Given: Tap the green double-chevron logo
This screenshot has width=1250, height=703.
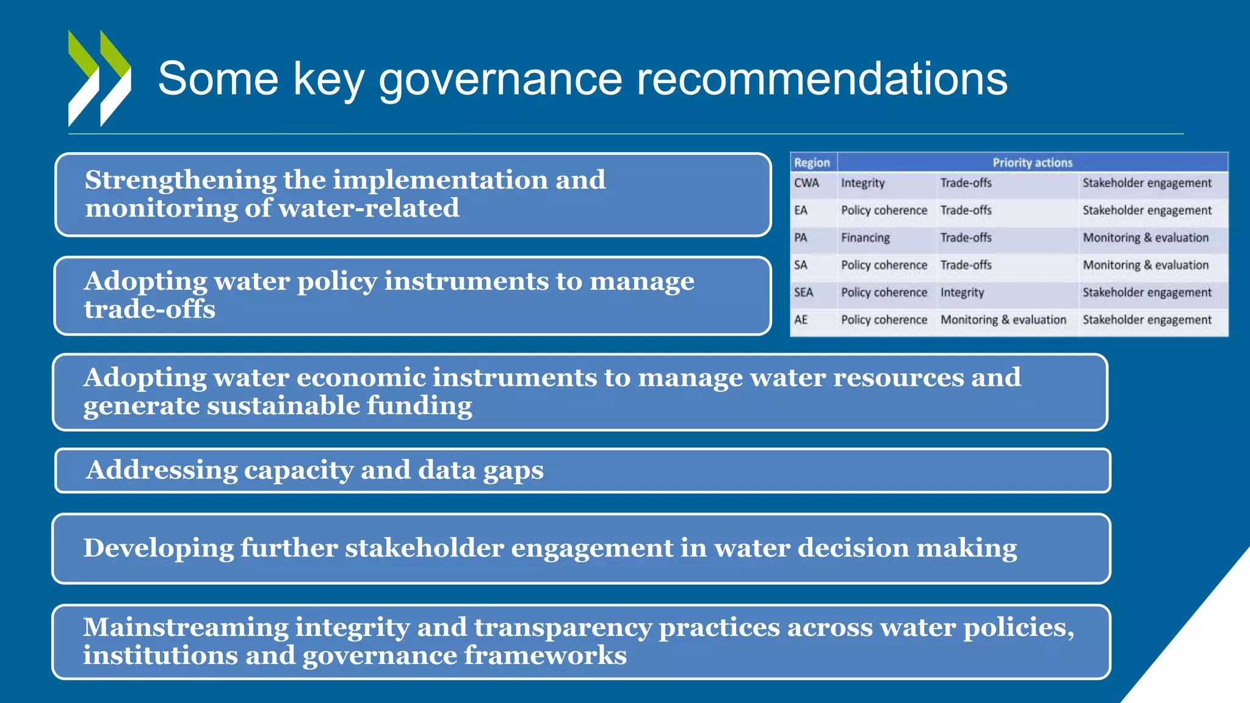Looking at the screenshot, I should [x=99, y=78].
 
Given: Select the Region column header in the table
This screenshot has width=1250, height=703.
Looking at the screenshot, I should [x=812, y=163].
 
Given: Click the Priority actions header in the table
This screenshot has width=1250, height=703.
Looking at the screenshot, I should [x=1032, y=163].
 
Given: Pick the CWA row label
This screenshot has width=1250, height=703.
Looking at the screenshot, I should [x=806, y=183].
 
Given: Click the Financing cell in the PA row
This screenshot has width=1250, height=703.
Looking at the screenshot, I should [x=865, y=238].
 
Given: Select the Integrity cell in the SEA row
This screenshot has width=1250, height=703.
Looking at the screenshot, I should [x=962, y=293].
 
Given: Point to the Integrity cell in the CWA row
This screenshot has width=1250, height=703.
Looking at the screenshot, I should [x=862, y=183].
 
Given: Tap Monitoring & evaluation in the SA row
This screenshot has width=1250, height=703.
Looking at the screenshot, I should [x=1145, y=265].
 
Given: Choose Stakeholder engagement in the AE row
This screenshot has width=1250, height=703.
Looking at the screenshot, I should [x=1147, y=320].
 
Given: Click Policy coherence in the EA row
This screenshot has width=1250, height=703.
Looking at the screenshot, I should [x=884, y=211].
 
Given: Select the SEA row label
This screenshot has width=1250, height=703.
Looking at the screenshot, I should [x=803, y=293].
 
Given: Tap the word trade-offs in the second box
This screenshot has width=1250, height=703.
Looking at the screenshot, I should [x=150, y=309].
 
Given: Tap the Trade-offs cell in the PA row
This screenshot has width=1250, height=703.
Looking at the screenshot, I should [x=966, y=238].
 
